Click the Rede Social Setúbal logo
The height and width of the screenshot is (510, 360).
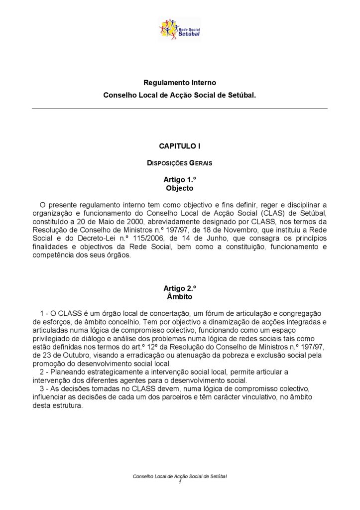179,29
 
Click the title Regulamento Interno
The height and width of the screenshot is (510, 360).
180,82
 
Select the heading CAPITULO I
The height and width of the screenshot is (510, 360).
180,146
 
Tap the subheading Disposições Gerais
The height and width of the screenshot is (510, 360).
180,163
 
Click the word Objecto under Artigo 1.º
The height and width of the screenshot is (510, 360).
180,188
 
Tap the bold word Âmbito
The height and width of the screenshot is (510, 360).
180,297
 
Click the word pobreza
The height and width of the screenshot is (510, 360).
236,356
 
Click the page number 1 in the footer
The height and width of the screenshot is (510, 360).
180,482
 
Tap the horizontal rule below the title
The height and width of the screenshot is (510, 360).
180,108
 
